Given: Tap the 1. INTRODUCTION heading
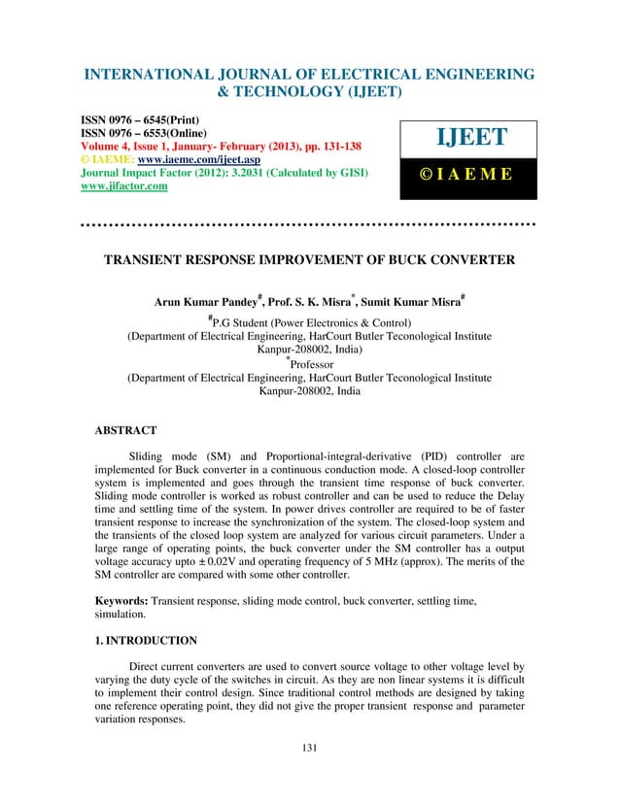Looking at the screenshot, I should pos(140,641).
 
